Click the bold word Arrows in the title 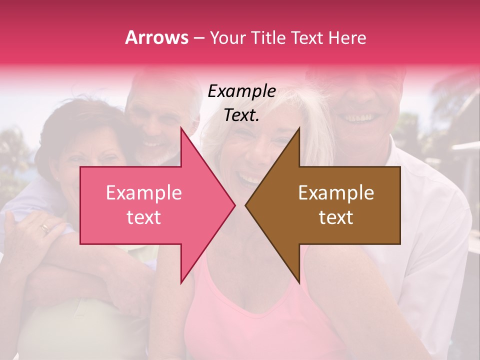pyautogui.click(x=156, y=37)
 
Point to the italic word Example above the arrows pyautogui.click(x=241, y=91)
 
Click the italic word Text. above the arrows pyautogui.click(x=241, y=115)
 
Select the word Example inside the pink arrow pyautogui.click(x=143, y=193)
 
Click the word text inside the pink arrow pyautogui.click(x=143, y=217)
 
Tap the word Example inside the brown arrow pyautogui.click(x=336, y=193)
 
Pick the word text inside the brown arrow pyautogui.click(x=336, y=217)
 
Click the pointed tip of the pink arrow pyautogui.click(x=234, y=205)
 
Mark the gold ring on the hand pyautogui.click(x=45, y=228)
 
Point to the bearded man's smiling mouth pyautogui.click(x=152, y=145)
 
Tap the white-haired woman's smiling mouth pyautogui.click(x=250, y=177)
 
